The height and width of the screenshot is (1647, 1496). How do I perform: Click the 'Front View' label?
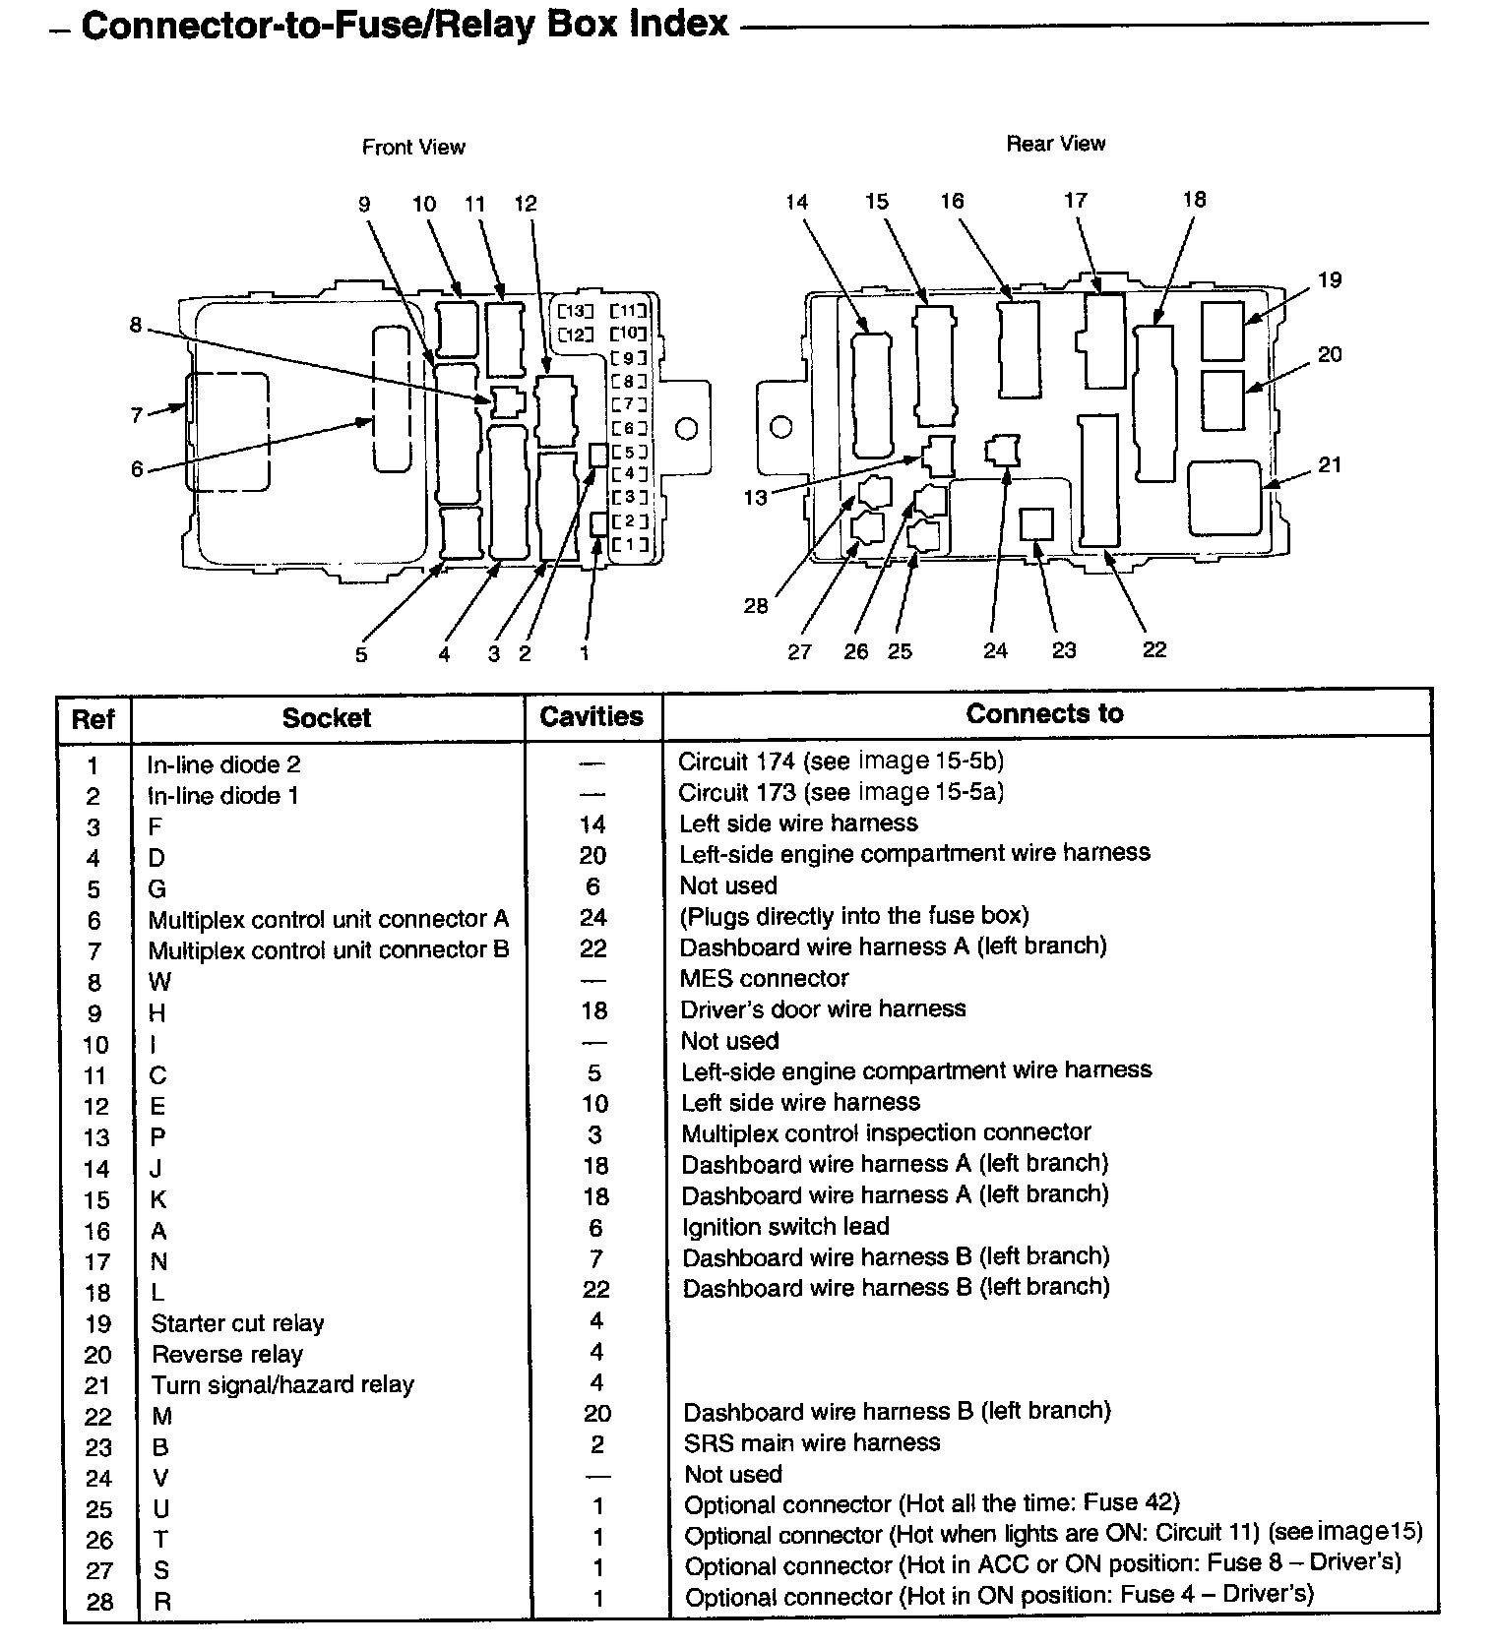tap(413, 148)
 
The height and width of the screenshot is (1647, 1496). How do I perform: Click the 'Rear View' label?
tap(1055, 145)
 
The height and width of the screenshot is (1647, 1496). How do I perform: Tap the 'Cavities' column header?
tap(592, 716)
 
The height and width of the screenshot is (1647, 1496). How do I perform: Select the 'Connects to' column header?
tap(1044, 714)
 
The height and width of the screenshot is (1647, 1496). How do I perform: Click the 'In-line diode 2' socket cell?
tap(224, 764)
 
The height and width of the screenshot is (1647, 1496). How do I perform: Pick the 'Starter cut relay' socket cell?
tap(237, 1323)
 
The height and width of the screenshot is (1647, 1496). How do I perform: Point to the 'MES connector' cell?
tap(765, 978)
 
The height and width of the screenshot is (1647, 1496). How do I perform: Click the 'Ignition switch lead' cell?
tap(786, 1227)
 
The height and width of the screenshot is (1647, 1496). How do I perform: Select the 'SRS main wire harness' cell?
tap(812, 1443)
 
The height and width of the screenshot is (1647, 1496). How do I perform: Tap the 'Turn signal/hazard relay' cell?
tap(282, 1385)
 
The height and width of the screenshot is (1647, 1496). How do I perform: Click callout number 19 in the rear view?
tap(1330, 280)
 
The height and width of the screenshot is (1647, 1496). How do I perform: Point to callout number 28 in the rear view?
tap(755, 606)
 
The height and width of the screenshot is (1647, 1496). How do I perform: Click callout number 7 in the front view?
tap(137, 416)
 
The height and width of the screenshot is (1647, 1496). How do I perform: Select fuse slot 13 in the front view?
tap(577, 311)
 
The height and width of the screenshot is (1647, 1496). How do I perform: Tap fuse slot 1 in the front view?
tap(630, 545)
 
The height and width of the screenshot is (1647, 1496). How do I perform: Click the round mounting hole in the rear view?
tap(781, 428)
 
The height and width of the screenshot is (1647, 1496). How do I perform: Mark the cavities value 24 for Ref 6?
tap(592, 918)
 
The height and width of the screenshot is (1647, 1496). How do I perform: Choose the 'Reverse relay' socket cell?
tap(227, 1355)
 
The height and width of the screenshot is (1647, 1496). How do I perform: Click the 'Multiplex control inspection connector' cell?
tap(886, 1133)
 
